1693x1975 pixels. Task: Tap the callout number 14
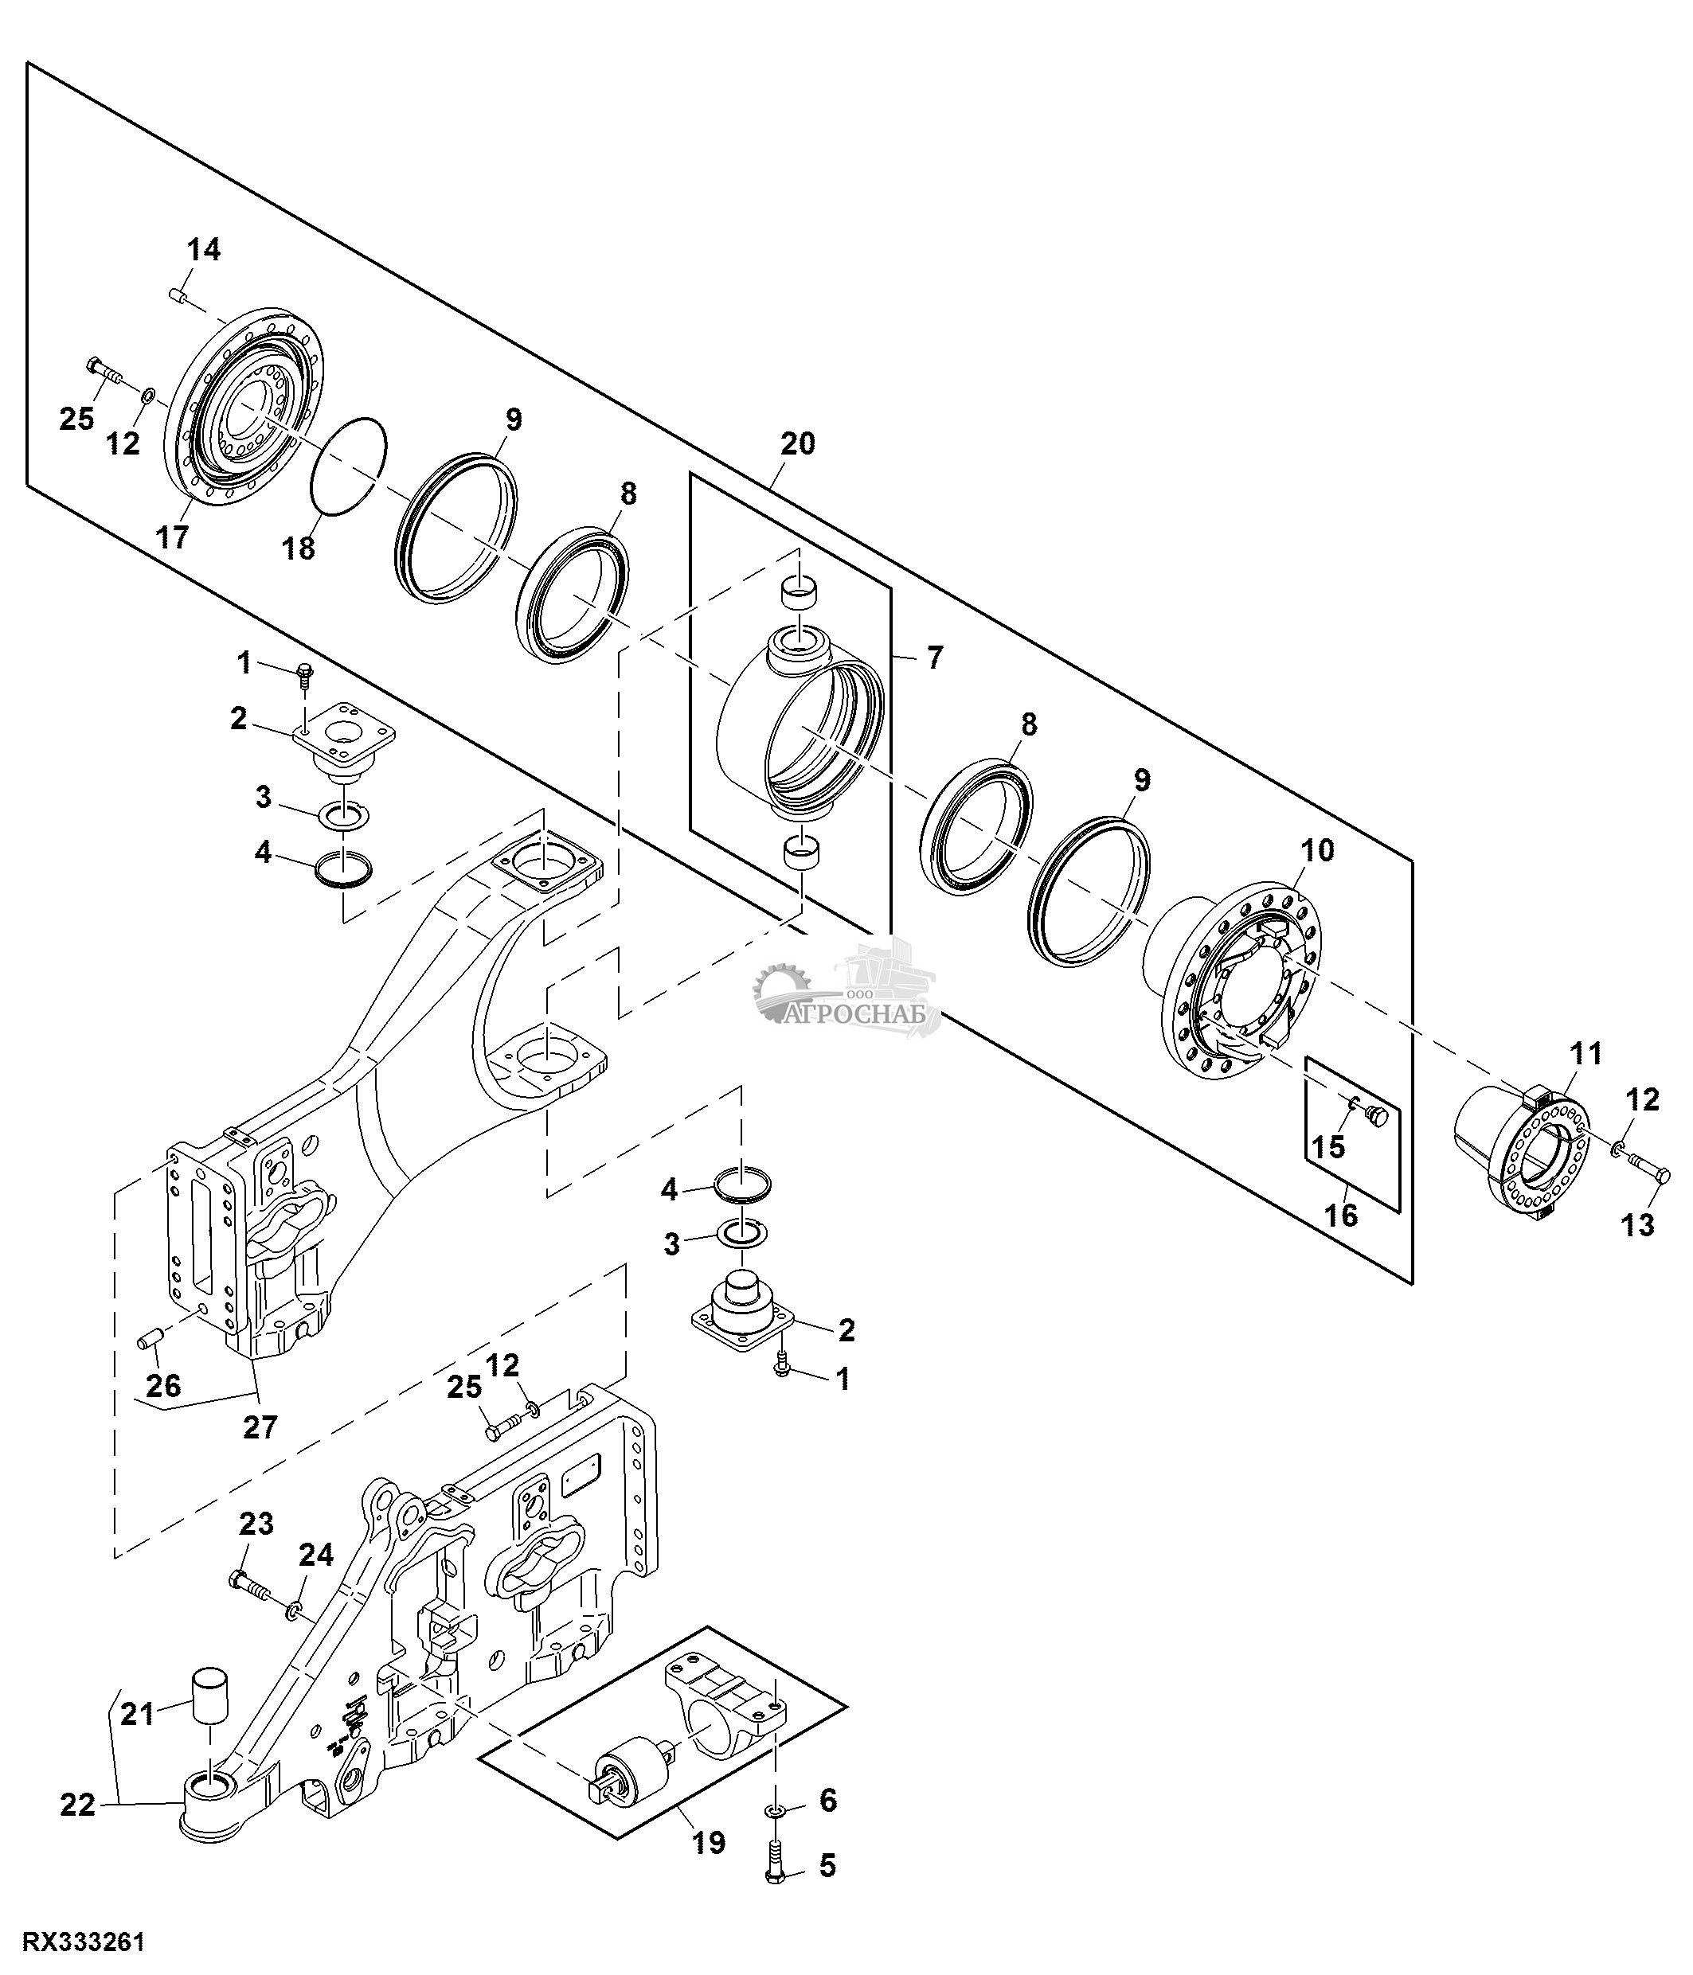tap(203, 250)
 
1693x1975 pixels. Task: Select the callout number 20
tap(797, 443)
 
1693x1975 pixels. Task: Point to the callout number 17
tap(173, 537)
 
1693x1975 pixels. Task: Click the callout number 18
tap(299, 548)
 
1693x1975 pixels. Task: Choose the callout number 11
tap(1586, 1054)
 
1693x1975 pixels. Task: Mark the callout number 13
tap(1638, 1225)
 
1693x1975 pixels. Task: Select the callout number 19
tap(708, 1843)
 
